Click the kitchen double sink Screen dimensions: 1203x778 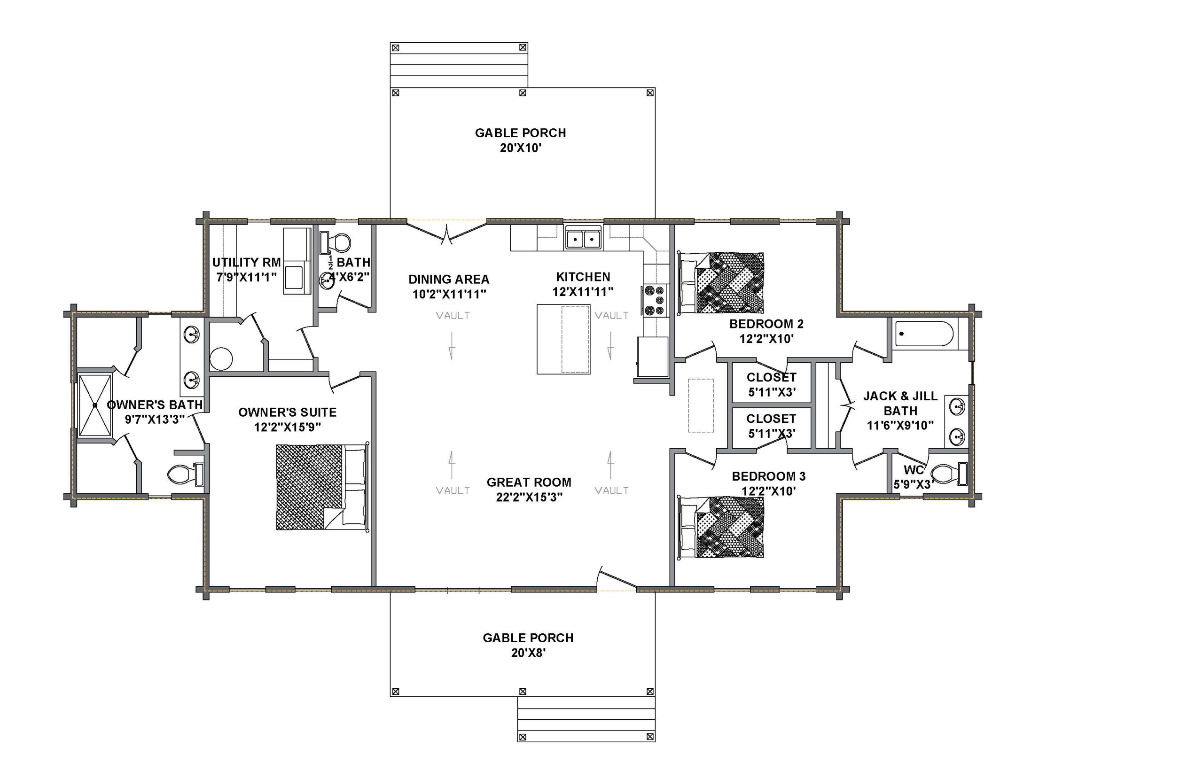click(x=583, y=237)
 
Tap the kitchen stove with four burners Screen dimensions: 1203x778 click(x=655, y=300)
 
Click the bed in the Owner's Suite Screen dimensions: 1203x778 click(x=322, y=487)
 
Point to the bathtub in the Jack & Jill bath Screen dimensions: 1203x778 click(x=923, y=334)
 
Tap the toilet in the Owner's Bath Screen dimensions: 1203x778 click(x=185, y=474)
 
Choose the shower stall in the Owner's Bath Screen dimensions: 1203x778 click(x=94, y=405)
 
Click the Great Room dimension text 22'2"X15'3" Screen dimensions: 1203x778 click(x=529, y=497)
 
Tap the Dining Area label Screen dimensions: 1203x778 click(x=449, y=280)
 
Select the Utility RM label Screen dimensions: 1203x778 click(x=247, y=262)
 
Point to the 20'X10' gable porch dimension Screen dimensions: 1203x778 click(x=521, y=148)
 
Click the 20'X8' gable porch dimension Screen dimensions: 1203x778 click(x=529, y=653)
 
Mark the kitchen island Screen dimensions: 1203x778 click(x=563, y=339)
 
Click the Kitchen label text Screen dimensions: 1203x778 click(x=583, y=277)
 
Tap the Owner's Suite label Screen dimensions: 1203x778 click(x=288, y=412)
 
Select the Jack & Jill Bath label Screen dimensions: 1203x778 click(x=900, y=403)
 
